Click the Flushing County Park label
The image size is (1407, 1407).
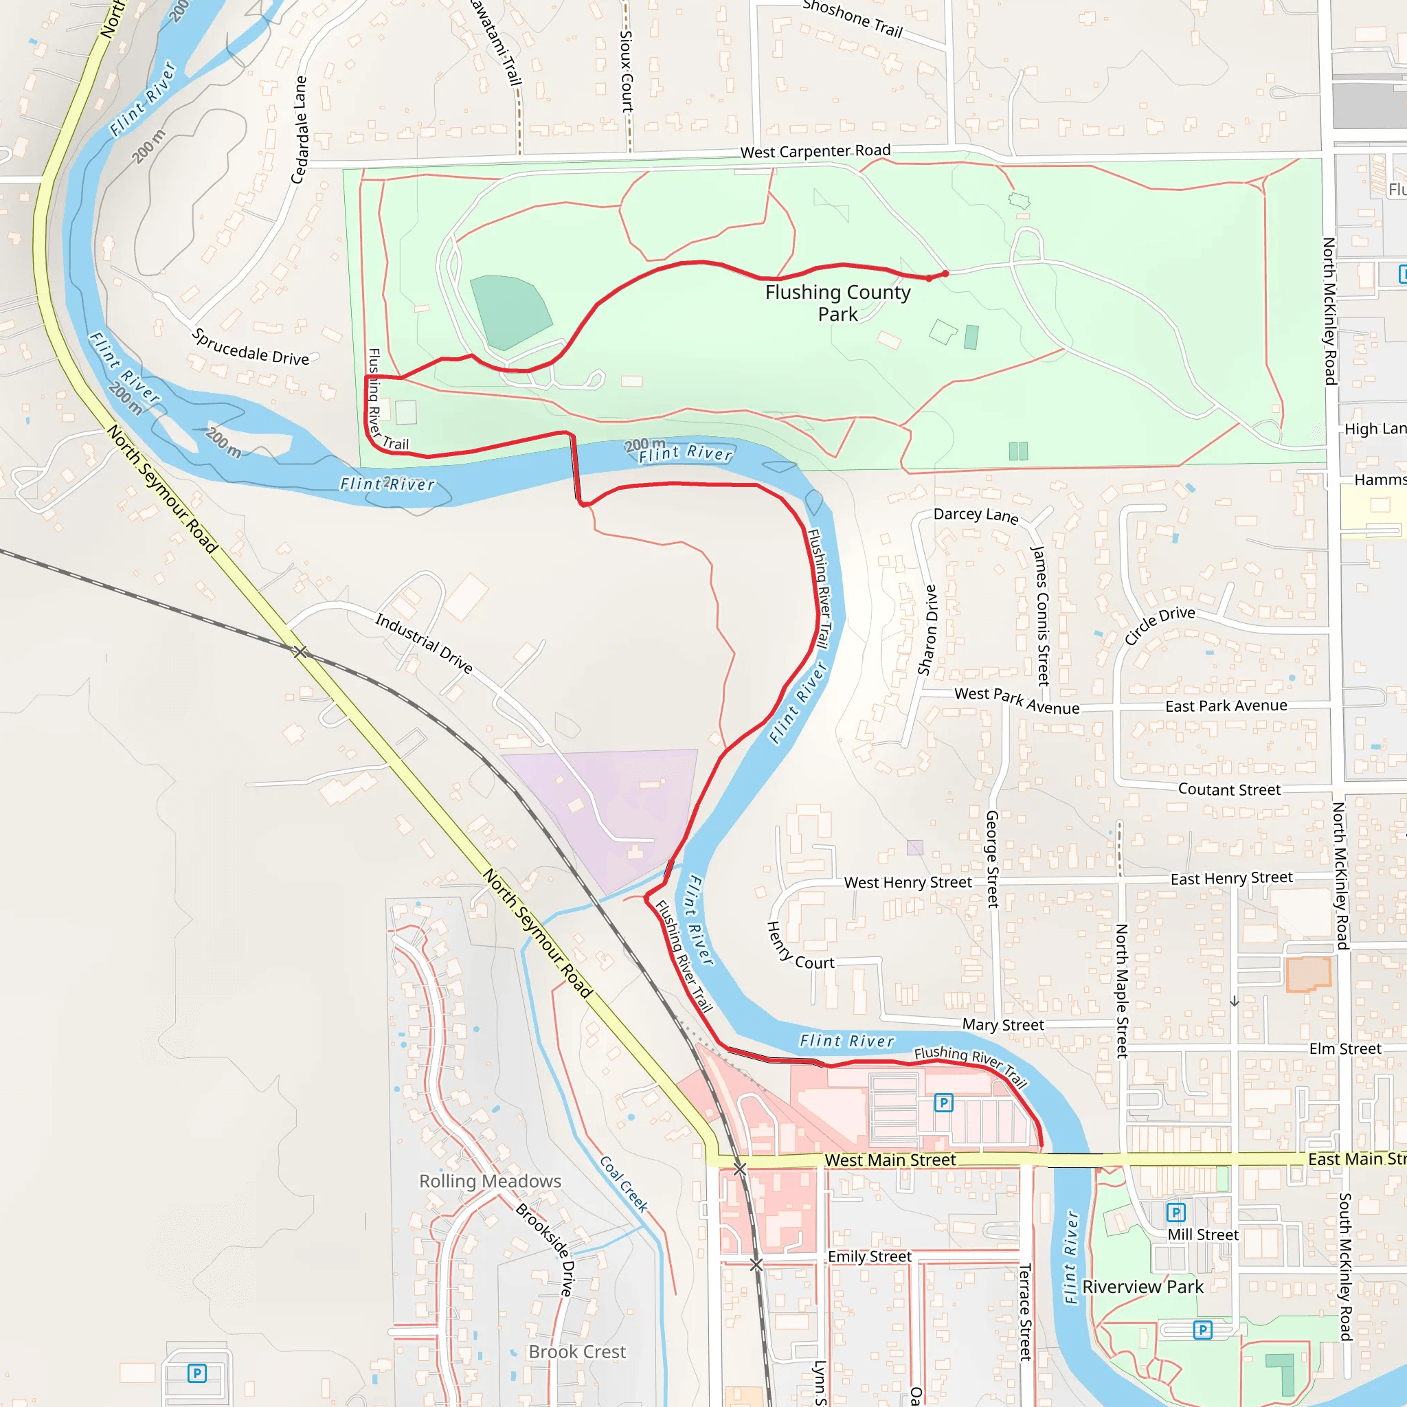[x=837, y=303]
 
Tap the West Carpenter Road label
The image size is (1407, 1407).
[x=815, y=151]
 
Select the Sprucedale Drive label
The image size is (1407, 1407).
[x=251, y=348]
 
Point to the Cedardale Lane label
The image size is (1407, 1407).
[x=300, y=130]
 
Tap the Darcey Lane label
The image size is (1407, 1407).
[x=976, y=515]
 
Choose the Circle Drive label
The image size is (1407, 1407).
[x=1159, y=625]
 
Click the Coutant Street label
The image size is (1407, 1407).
[x=1228, y=789]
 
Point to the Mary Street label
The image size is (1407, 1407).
[x=1003, y=1024]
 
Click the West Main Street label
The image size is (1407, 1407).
[x=890, y=1160]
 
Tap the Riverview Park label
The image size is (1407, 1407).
[x=1143, y=1287]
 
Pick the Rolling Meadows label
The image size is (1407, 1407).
[x=490, y=1181]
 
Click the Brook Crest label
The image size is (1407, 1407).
[x=577, y=1351]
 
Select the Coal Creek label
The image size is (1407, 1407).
[x=623, y=1184]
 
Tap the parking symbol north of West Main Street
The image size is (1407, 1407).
[x=943, y=1103]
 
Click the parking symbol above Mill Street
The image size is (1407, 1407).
[x=1175, y=1213]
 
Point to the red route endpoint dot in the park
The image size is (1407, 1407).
[x=945, y=274]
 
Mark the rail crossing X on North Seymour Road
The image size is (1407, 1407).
[x=300, y=652]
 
